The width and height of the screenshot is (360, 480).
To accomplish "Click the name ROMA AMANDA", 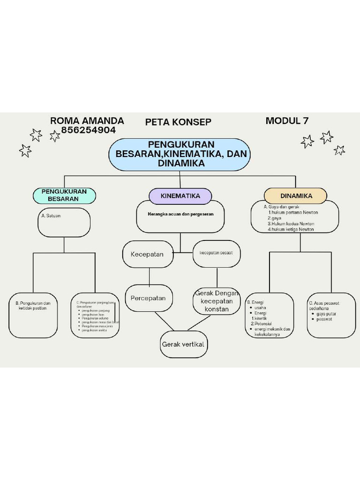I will tap(87, 121).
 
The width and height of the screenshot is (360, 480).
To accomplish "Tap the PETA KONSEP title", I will tap(178, 122).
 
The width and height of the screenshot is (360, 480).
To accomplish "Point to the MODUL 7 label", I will tap(287, 120).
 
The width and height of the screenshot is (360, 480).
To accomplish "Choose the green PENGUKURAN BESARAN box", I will tap(64, 195).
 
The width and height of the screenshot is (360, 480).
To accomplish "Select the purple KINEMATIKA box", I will tap(180, 196).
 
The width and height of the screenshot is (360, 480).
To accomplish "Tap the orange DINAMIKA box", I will tap(296, 195).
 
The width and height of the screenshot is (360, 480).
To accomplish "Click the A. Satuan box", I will tap(64, 222).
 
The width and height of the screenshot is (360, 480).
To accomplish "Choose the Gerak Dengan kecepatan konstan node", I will tap(216, 301).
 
